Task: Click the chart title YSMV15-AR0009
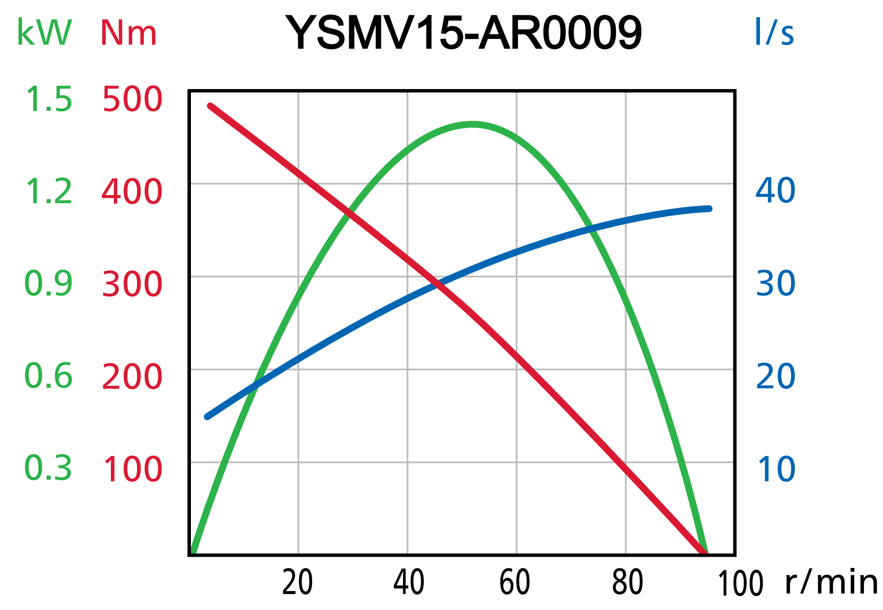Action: [x=464, y=33]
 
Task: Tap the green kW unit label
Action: [x=44, y=33]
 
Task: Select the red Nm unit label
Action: [x=128, y=33]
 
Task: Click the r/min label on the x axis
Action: [x=831, y=582]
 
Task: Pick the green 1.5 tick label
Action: [x=49, y=99]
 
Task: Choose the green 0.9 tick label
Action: [x=48, y=284]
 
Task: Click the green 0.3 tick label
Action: [x=48, y=468]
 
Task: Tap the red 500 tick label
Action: [x=132, y=99]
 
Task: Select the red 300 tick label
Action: [x=132, y=284]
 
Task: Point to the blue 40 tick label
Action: [x=775, y=190]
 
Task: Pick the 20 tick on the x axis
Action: [x=298, y=582]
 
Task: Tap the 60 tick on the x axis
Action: [x=515, y=582]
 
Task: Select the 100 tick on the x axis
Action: [x=741, y=584]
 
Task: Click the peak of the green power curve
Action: [x=472, y=124]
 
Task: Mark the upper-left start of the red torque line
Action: [x=210, y=106]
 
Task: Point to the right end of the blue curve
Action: [x=710, y=209]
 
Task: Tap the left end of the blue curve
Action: [x=207, y=417]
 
